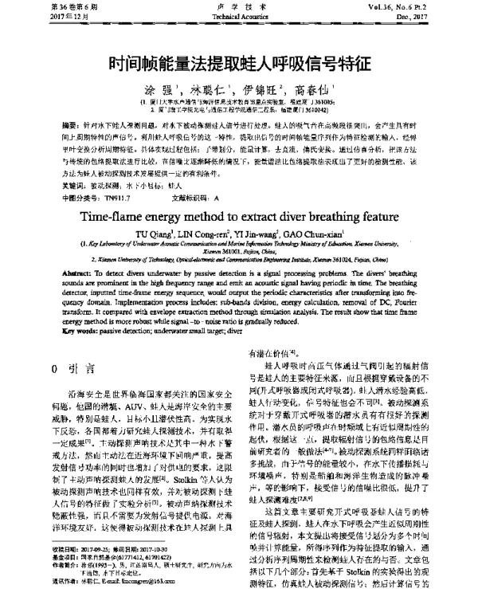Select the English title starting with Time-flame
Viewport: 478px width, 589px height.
(238, 219)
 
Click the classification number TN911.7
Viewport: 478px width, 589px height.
(110, 196)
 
